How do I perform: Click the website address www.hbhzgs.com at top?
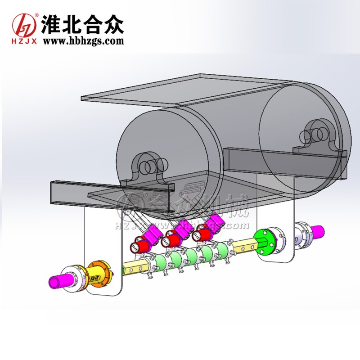[83, 41]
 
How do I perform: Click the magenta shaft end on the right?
[318, 231]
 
